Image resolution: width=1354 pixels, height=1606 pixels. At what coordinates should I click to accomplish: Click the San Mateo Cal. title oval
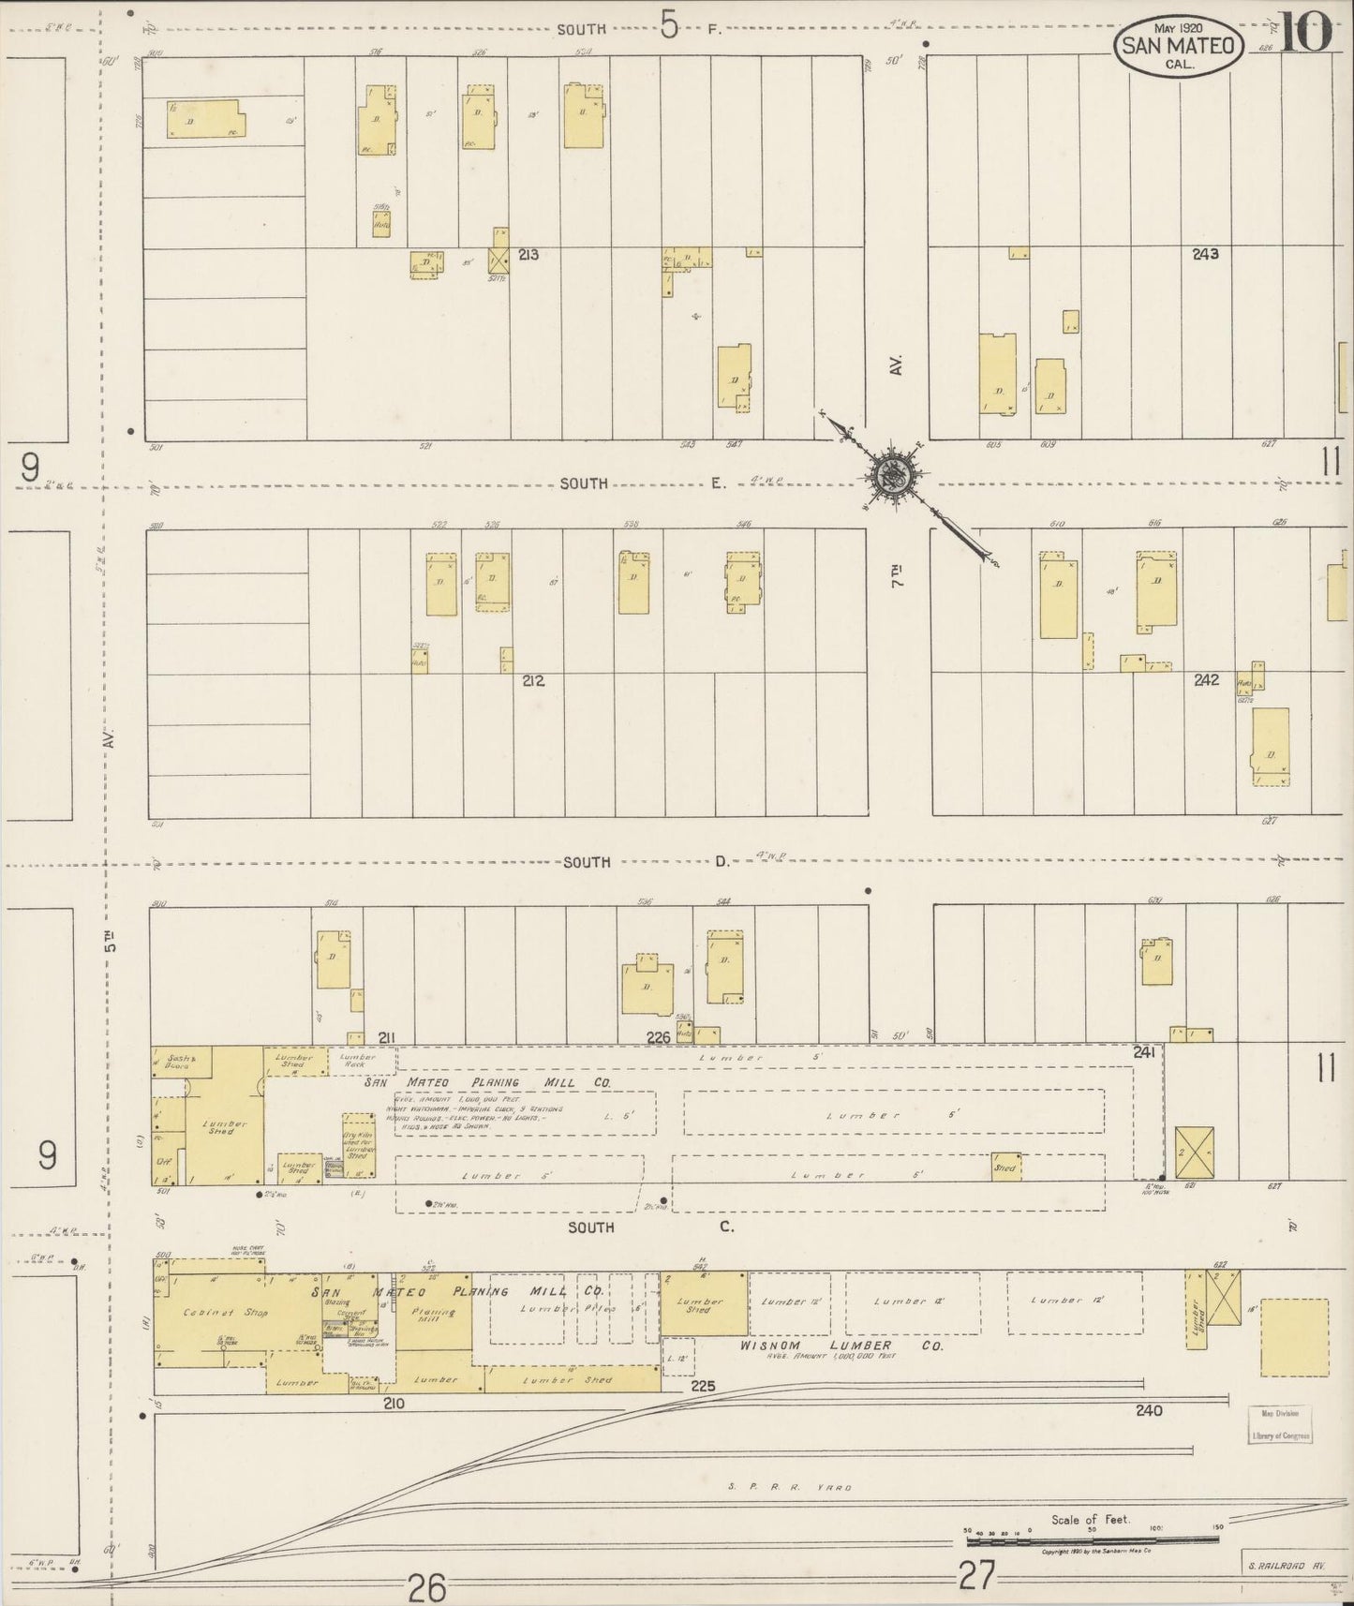1179,43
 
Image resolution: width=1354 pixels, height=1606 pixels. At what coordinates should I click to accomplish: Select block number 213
528,254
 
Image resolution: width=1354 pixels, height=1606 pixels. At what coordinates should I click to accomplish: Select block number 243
1205,254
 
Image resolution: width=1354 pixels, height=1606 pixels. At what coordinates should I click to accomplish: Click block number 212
533,681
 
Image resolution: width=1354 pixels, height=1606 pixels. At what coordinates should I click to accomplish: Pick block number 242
1206,680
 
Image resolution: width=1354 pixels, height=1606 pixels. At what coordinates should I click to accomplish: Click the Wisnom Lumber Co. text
841,1346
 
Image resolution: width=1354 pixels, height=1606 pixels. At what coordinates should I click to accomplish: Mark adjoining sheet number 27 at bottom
978,1576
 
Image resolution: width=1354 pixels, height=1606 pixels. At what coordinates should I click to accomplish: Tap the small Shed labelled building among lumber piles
1005,1167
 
